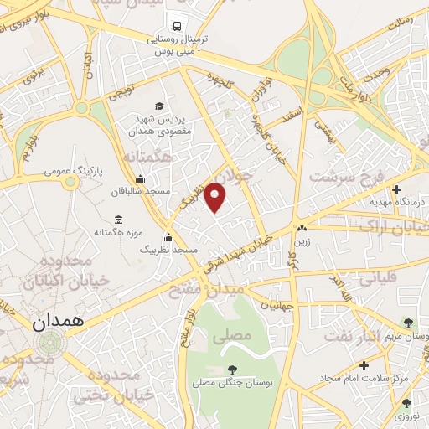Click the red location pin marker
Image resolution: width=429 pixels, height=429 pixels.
[x=216, y=197]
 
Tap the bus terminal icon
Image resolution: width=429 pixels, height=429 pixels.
[x=177, y=26]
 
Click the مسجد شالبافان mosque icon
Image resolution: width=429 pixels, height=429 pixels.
[x=139, y=178]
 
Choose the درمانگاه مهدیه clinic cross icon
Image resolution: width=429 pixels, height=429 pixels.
[x=396, y=189]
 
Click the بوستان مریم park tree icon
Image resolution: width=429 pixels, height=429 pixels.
[x=408, y=323]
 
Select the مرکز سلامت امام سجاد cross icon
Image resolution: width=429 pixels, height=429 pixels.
[x=364, y=365]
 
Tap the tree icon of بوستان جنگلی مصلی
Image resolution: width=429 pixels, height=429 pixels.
[x=231, y=370]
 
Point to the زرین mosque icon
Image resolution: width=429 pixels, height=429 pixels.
[x=301, y=228]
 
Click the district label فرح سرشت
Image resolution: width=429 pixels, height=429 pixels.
[x=343, y=178]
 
